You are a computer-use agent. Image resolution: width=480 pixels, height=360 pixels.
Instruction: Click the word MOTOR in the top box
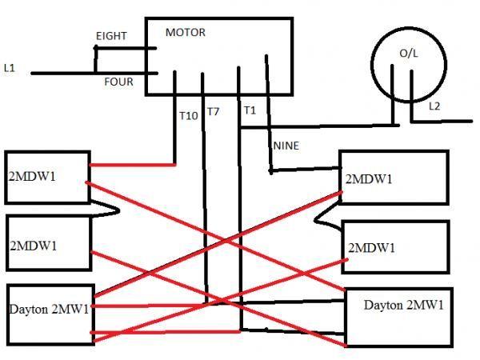[x=185, y=33]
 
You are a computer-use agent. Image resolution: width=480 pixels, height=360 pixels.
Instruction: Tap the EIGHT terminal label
[x=111, y=37]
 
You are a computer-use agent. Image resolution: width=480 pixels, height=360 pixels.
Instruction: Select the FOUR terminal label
[x=118, y=82]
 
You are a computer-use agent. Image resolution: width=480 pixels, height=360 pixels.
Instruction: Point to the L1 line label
[x=10, y=69]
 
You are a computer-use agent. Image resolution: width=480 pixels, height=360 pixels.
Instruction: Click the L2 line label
[x=434, y=106]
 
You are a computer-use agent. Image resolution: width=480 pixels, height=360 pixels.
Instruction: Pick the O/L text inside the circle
[x=409, y=53]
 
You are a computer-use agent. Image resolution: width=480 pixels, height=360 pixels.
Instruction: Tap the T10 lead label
[x=188, y=116]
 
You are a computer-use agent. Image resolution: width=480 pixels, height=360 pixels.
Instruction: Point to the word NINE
[x=286, y=146]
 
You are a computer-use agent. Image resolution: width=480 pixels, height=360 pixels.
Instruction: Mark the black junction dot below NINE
[x=272, y=170]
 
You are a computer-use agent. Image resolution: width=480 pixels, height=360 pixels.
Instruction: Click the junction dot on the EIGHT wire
[x=96, y=48]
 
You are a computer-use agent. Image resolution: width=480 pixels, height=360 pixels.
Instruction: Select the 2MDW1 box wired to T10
[x=46, y=176]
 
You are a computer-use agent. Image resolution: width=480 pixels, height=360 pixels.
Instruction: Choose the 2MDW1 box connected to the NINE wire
[x=392, y=178]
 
